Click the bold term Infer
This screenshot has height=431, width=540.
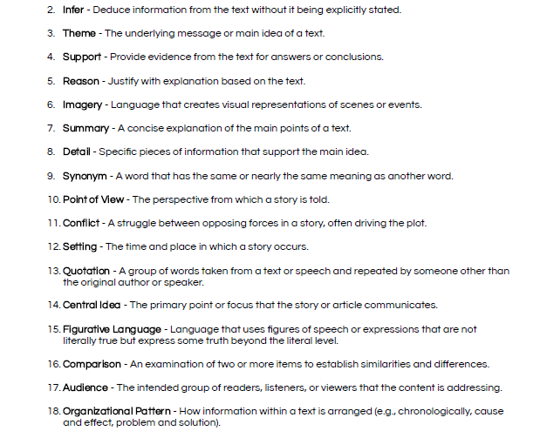73,10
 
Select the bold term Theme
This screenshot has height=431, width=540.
79,33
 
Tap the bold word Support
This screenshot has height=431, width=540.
81,57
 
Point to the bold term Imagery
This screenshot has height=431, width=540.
83,104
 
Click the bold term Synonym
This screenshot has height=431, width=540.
84,176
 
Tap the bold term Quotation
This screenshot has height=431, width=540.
86,271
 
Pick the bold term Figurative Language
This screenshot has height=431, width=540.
112,329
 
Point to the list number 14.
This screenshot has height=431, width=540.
54,306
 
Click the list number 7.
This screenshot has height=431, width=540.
51,128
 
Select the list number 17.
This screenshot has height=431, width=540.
54,387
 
